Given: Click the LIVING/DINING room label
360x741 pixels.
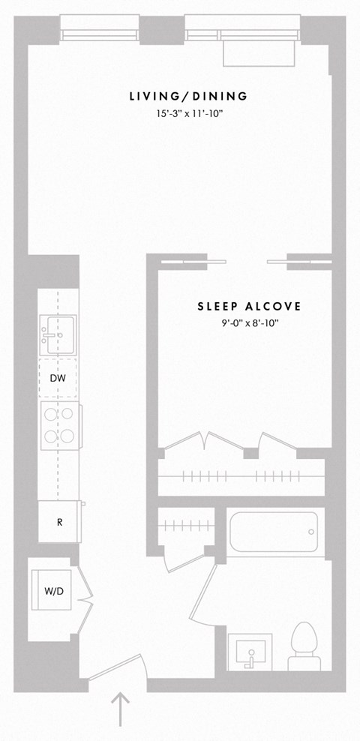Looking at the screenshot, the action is click(x=188, y=97).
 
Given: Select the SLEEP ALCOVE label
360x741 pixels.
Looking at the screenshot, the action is click(x=249, y=306).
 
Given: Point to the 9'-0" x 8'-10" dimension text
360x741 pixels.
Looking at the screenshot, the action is click(x=249, y=324).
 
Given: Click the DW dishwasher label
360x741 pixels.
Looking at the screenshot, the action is click(x=58, y=378).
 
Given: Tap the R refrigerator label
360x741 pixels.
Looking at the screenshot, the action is click(x=59, y=522).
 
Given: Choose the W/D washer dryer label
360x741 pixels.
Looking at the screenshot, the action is click(x=54, y=591).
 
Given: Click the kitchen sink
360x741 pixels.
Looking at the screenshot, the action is click(x=58, y=334).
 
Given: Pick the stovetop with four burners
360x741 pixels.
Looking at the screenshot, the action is click(x=59, y=425).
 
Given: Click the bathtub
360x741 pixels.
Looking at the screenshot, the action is click(x=274, y=532).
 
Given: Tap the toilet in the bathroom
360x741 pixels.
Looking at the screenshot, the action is click(x=304, y=646).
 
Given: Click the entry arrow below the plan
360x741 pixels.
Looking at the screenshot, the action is click(x=121, y=709).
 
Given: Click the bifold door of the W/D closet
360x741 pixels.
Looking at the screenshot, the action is click(x=85, y=600).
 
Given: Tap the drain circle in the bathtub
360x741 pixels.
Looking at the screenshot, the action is click(x=311, y=532).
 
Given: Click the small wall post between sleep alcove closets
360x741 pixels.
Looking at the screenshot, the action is click(x=250, y=453).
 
